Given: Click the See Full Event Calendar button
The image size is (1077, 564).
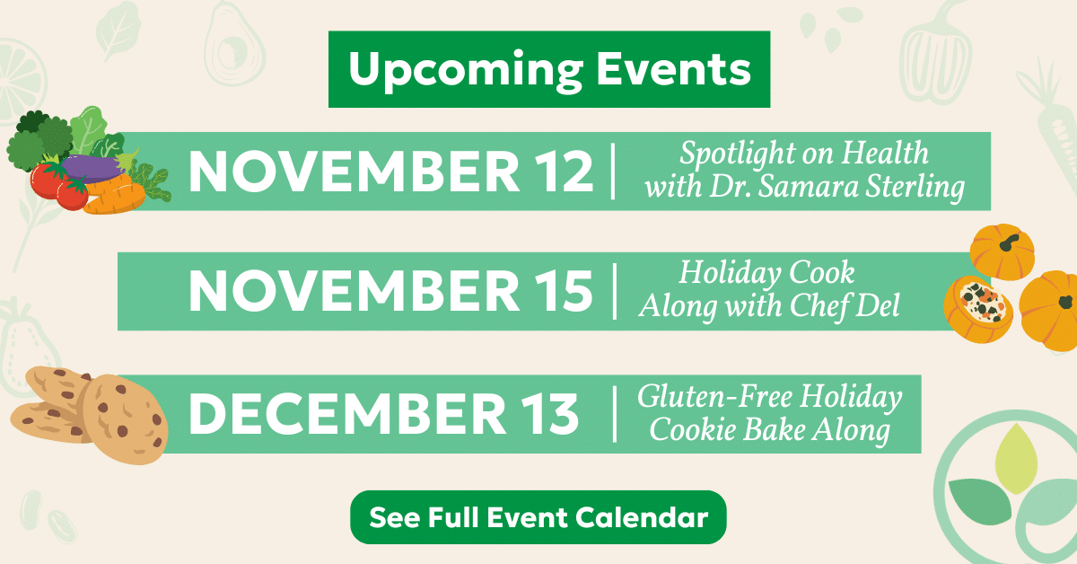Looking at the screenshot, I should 538,518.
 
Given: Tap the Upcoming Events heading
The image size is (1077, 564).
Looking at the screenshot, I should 549,69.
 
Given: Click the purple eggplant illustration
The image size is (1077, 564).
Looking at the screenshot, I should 93,166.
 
